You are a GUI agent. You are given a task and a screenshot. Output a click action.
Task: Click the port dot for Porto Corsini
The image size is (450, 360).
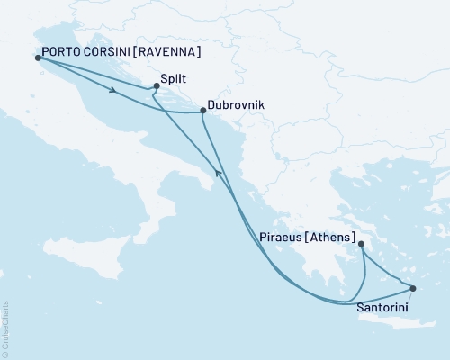[x=37, y=58]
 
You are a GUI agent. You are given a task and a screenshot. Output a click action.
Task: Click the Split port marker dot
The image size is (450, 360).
[x=157, y=85]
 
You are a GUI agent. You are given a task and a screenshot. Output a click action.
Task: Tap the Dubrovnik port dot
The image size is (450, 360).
[x=202, y=112]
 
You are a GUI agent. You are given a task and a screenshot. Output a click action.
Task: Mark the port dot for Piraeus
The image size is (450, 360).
[x=361, y=244]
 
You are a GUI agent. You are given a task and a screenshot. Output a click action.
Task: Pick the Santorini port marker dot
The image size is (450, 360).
[x=413, y=289]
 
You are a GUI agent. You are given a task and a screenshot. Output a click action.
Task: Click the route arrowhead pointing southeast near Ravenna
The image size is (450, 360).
[x=112, y=89]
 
